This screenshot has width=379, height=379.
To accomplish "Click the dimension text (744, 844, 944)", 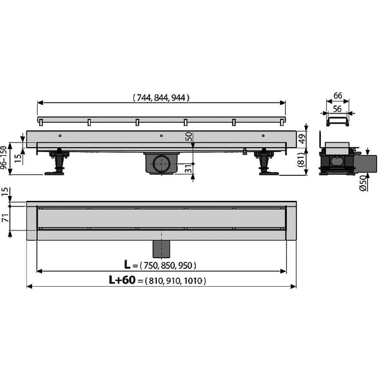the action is click(161, 98).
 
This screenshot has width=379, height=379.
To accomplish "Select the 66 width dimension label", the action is click(337, 96).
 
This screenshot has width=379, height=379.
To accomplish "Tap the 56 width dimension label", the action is click(337, 109).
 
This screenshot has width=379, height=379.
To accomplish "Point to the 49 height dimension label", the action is click(302, 139).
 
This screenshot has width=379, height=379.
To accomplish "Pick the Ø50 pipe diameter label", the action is click(363, 183).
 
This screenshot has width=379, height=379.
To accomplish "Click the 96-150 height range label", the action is click(4, 157).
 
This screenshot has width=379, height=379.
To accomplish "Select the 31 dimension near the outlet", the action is click(189, 168).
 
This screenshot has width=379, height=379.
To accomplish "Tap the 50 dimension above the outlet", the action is click(189, 136).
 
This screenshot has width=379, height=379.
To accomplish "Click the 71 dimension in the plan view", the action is click(5, 218).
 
